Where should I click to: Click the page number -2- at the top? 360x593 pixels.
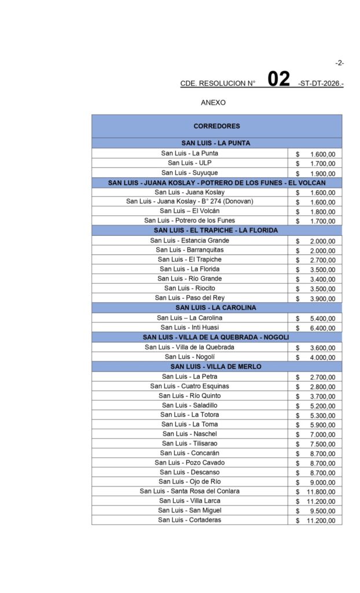(339, 63)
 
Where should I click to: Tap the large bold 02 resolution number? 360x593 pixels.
(278, 79)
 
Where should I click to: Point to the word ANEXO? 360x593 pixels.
(213, 103)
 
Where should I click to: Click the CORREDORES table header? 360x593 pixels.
(216, 126)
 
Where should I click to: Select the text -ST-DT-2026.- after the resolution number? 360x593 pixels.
(321, 83)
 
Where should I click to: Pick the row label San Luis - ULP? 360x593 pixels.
(190, 163)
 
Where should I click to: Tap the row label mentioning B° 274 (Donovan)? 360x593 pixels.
(190, 201)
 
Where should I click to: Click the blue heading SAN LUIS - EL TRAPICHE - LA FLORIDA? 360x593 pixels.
(216, 230)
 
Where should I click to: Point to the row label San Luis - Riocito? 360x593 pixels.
(190, 288)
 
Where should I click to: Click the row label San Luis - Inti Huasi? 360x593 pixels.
(190, 327)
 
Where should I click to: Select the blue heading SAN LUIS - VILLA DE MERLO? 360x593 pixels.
(216, 367)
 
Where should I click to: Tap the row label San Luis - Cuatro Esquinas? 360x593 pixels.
(190, 386)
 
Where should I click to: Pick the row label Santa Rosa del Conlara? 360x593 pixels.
(190, 491)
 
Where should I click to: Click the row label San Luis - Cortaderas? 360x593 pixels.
(190, 520)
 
